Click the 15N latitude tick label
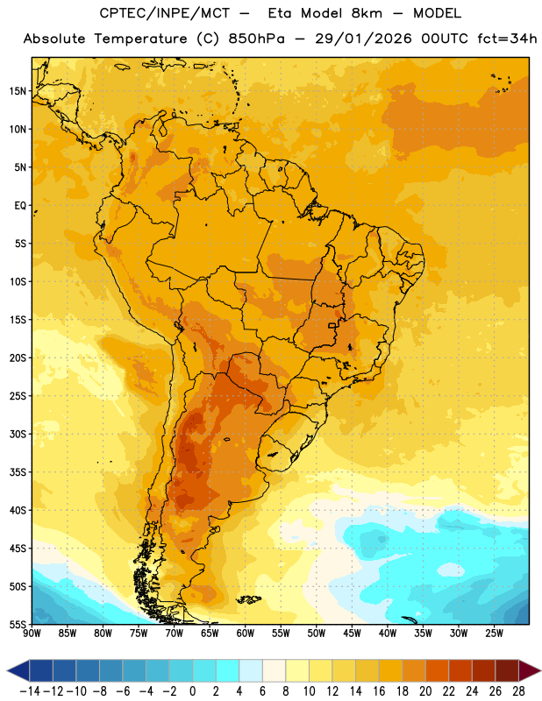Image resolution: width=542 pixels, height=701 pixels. pyautogui.click(x=18, y=91)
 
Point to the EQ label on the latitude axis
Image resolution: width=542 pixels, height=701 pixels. pyautogui.click(x=20, y=206)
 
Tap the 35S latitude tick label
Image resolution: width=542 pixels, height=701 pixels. pyautogui.click(x=18, y=472)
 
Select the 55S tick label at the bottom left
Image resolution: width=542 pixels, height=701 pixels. pyautogui.click(x=18, y=624)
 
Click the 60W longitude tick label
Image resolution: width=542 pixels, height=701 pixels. pyautogui.click(x=246, y=633)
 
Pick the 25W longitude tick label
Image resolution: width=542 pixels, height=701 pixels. pyautogui.click(x=494, y=633)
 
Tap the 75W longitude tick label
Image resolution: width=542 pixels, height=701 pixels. pyautogui.click(x=139, y=633)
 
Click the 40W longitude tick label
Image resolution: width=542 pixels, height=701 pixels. pyautogui.click(x=388, y=633)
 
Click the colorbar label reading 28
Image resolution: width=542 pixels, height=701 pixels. pyautogui.click(x=518, y=691)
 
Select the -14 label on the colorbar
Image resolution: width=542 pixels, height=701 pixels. pyautogui.click(x=30, y=691)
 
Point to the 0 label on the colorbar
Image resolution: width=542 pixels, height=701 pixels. pyautogui.click(x=192, y=691)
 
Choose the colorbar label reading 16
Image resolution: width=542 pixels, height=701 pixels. pyautogui.click(x=379, y=691)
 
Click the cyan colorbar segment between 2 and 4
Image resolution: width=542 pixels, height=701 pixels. pyautogui.click(x=227, y=670)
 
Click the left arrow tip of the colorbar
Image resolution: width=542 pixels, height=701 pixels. pyautogui.click(x=7, y=670)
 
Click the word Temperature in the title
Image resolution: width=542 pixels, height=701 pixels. pyautogui.click(x=140, y=39)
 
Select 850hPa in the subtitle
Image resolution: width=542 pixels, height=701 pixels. pyautogui.click(x=256, y=39)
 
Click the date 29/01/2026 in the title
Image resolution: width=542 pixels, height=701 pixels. pyautogui.click(x=363, y=39)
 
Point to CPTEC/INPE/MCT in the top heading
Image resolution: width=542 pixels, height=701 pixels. pyautogui.click(x=165, y=13)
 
